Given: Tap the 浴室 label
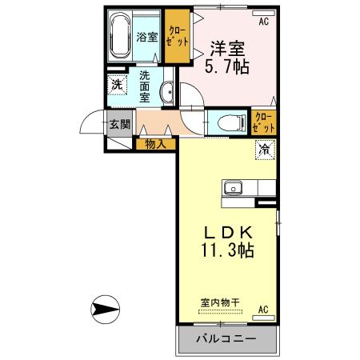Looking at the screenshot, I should (x=146, y=37).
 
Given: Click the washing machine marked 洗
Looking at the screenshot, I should (x=118, y=85).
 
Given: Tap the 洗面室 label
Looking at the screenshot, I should (x=145, y=86).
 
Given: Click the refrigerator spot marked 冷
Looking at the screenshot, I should (x=263, y=149).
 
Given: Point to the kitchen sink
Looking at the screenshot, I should (x=234, y=189).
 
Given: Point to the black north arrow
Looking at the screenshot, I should (x=105, y=307).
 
